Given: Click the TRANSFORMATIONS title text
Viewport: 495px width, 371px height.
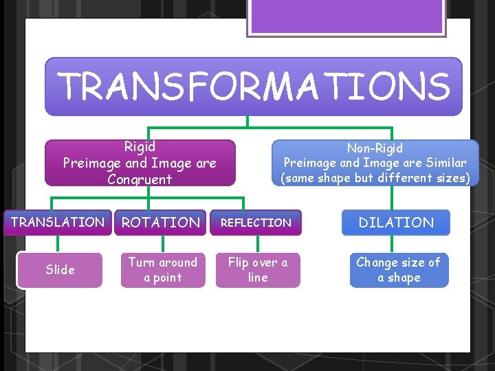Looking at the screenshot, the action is click(x=254, y=87).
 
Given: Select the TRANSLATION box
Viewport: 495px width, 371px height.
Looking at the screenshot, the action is click(x=58, y=223).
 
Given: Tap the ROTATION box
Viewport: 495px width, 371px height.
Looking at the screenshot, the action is click(x=160, y=223).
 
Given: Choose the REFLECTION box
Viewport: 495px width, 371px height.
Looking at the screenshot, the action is click(x=256, y=223).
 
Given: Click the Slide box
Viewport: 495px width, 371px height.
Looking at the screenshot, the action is click(x=60, y=270).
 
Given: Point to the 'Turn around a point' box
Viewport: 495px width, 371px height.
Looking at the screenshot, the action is click(x=163, y=270).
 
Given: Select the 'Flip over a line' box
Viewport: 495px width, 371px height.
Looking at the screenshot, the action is click(x=258, y=270).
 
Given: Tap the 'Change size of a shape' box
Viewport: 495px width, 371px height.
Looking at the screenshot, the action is click(x=399, y=270).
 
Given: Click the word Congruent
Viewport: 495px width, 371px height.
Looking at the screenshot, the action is click(x=140, y=180).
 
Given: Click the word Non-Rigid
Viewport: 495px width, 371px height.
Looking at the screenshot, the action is click(x=375, y=148).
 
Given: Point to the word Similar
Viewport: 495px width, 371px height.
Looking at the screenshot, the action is click(x=443, y=164).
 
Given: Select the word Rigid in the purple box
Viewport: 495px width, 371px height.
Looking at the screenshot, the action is click(x=140, y=146).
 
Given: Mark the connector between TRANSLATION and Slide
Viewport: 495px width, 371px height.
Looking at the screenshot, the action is click(x=58, y=244).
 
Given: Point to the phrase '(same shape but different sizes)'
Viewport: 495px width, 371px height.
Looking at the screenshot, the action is click(x=375, y=178).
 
